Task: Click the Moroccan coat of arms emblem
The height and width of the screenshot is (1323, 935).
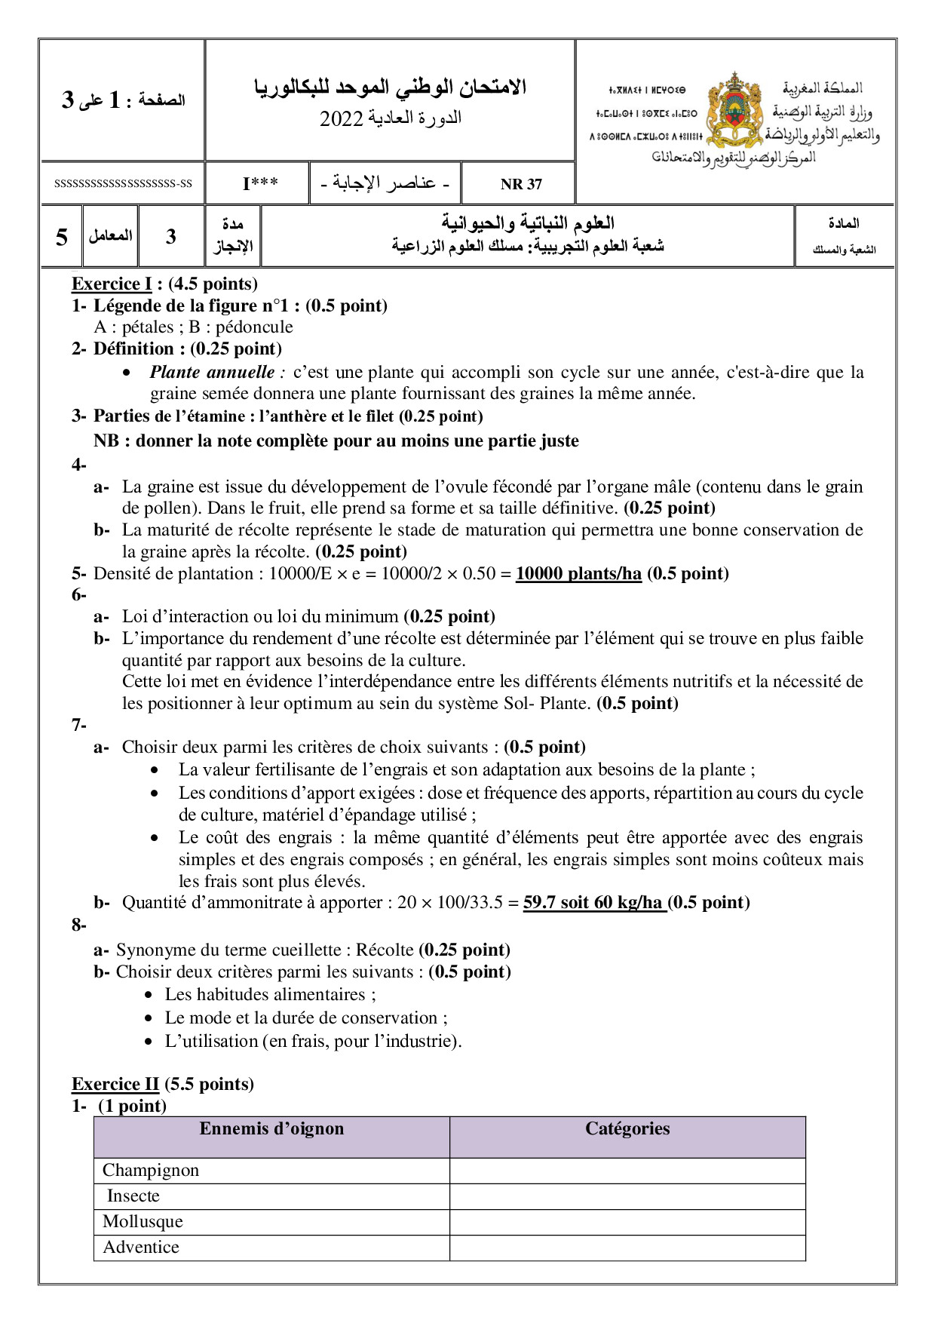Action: coord(734,111)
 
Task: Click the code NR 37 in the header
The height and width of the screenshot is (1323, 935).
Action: coord(521,184)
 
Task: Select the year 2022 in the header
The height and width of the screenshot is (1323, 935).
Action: coord(342,119)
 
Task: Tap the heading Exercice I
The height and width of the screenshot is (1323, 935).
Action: coord(112,284)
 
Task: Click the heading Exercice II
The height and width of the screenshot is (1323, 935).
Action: coord(115,1084)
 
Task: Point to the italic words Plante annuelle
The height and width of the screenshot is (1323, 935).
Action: coord(213,372)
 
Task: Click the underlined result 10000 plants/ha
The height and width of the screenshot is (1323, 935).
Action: coord(578,573)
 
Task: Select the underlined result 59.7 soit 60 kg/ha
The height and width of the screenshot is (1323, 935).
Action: coord(593,903)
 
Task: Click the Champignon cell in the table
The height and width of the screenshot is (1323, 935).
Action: coord(151,1170)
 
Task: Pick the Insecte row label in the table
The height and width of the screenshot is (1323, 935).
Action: coord(133,1196)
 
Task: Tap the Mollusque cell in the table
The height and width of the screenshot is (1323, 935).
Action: coord(143,1221)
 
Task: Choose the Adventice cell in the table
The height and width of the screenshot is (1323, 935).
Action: coord(141,1247)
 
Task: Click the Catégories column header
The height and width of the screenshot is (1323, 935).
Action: coord(627,1129)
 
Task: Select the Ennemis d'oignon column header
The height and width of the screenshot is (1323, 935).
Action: coord(271,1129)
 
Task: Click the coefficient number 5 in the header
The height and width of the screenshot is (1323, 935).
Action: coord(62,237)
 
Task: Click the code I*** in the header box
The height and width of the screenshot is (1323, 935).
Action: coord(260,184)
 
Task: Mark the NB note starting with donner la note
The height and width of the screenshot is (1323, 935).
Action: coord(336,440)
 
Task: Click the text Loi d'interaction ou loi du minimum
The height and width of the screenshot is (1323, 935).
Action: coord(260,616)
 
